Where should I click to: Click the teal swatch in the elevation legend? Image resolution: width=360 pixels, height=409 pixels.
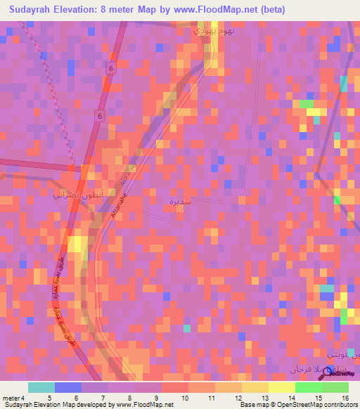(41, 387)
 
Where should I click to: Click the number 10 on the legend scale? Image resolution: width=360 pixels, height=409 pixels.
(184, 398)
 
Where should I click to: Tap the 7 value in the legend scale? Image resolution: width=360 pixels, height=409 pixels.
(104, 398)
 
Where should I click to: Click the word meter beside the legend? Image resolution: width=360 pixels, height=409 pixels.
(10, 398)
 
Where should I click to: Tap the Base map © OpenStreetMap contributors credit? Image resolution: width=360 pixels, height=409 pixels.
(297, 405)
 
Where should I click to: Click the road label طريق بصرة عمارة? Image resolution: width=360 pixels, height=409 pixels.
(61, 316)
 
